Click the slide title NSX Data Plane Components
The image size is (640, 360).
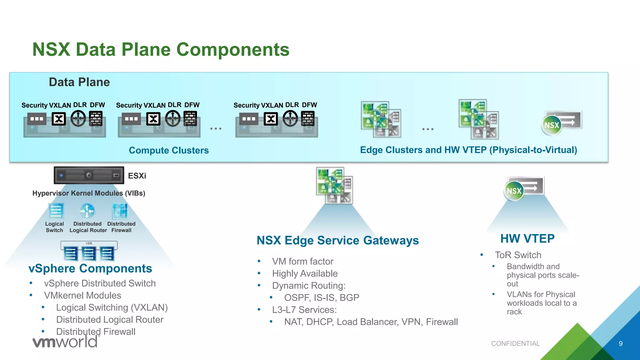[x=161, y=49]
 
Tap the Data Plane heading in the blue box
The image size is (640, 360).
[x=79, y=82]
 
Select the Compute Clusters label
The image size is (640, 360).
[x=169, y=150]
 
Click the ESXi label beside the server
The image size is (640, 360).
[x=137, y=176]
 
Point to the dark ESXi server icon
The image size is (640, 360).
[x=89, y=175]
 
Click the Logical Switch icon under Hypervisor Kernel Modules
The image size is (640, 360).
[x=56, y=211]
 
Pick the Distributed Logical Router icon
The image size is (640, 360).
[x=87, y=211]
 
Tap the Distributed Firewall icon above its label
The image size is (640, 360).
[x=120, y=211]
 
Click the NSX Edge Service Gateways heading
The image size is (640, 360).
[x=337, y=240]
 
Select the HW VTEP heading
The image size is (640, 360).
[x=527, y=238]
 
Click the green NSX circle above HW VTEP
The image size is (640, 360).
[x=514, y=191]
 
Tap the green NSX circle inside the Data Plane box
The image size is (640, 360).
[x=552, y=125]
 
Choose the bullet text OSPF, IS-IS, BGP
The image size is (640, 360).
[x=322, y=297]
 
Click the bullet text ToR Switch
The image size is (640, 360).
[x=518, y=255]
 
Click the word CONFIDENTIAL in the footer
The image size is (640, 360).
[x=515, y=343]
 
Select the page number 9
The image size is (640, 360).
[x=621, y=343]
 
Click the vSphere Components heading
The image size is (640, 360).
[x=90, y=268]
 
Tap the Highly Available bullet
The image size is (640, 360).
[x=305, y=273]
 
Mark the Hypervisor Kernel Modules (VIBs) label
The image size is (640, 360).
[x=89, y=193]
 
